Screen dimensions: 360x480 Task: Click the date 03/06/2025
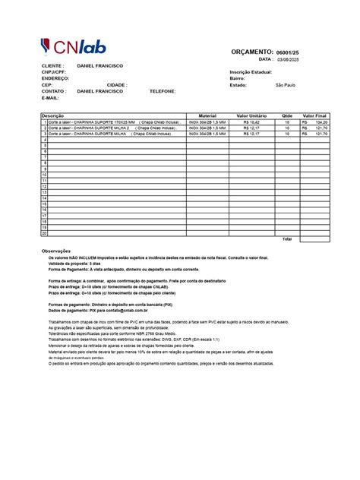pyautogui.click(x=289, y=59)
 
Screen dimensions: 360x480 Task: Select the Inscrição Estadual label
pyautogui.click(x=251, y=72)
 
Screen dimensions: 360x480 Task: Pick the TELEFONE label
pyautogui.click(x=163, y=91)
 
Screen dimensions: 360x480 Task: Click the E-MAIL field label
pyautogui.click(x=50, y=97)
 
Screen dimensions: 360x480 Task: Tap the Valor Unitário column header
pyautogui.click(x=251, y=115)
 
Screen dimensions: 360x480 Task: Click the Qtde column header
pyautogui.click(x=286, y=115)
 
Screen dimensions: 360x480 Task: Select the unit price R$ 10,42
pyautogui.click(x=251, y=122)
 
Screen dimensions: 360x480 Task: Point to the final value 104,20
pyautogui.click(x=321, y=122)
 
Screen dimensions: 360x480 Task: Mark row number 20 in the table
pyautogui.click(x=45, y=232)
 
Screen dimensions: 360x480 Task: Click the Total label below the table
pyautogui.click(x=286, y=239)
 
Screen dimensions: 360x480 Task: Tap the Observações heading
pyautogui.click(x=55, y=251)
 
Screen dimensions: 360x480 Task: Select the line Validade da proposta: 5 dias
pyautogui.click(x=74, y=264)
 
